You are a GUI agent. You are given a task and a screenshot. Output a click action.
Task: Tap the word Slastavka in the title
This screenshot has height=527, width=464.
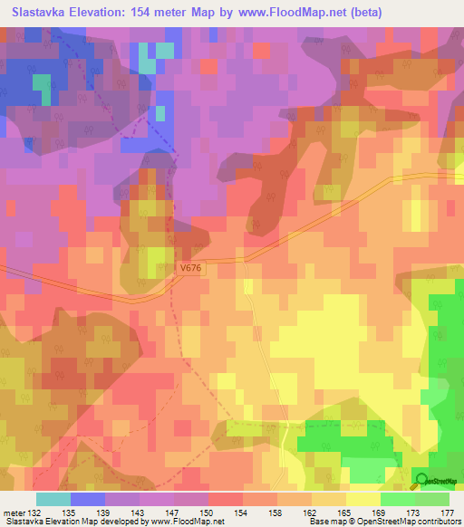pyautogui.click(x=43, y=13)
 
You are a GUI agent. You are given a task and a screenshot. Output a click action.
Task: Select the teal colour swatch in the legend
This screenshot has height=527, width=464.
pyautogui.click(x=53, y=499)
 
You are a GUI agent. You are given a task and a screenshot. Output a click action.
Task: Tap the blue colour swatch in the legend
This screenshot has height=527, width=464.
pyautogui.click(x=87, y=499)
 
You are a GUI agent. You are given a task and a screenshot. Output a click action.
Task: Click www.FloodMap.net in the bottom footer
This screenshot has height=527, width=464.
pyautogui.click(x=184, y=521)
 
